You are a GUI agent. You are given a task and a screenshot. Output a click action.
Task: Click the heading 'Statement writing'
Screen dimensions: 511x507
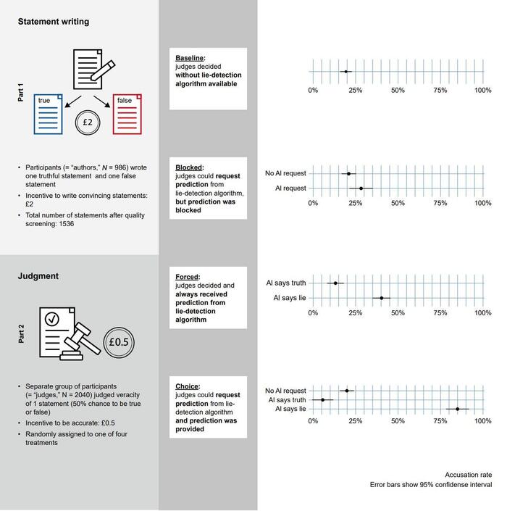point(54,22)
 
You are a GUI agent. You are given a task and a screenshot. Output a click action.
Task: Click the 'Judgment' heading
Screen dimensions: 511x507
point(39,275)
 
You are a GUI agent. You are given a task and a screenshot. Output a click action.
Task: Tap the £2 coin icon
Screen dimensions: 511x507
point(87,122)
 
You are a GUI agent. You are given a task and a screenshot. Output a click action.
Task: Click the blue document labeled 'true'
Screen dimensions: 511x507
point(50,114)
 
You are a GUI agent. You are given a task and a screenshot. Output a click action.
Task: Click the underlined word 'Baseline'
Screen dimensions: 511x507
point(190,58)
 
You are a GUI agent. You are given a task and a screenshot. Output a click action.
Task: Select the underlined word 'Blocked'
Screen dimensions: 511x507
point(189,167)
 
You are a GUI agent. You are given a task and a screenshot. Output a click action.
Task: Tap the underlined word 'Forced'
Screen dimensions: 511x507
point(188,276)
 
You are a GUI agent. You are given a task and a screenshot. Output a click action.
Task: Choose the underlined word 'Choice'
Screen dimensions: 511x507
point(187,386)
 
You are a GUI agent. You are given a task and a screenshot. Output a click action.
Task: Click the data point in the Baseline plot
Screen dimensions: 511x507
point(345,72)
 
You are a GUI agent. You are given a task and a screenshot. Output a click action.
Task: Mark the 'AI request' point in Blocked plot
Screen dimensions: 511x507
point(361,188)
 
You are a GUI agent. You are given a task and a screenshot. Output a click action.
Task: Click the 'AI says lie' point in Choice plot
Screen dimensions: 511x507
point(457,409)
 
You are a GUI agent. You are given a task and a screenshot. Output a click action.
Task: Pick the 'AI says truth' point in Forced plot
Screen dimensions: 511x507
point(335,283)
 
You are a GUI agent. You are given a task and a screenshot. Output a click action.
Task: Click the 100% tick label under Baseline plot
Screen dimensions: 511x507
point(482,90)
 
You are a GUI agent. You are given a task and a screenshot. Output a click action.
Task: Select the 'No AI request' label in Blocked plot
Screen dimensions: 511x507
point(285,174)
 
